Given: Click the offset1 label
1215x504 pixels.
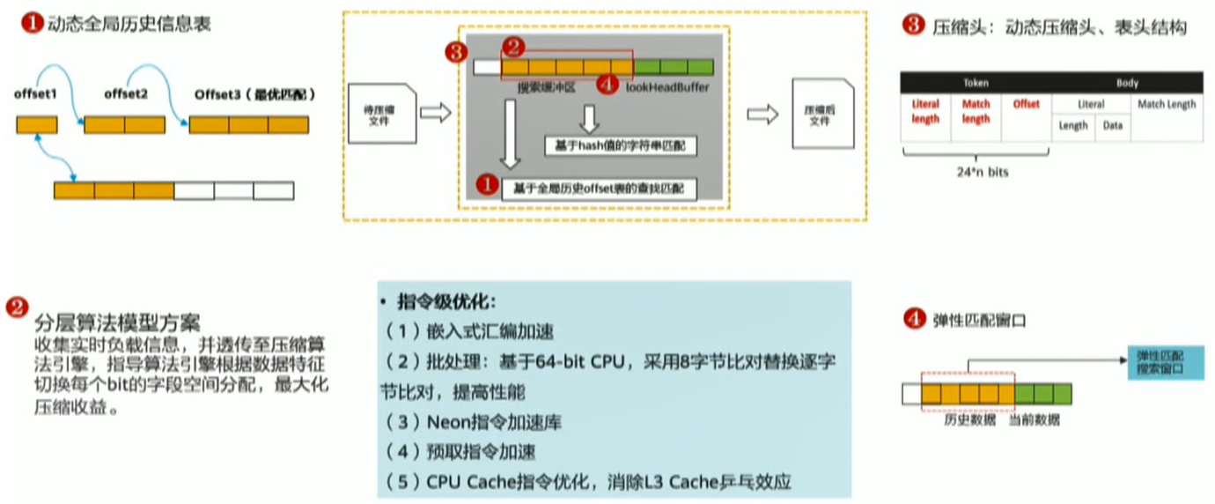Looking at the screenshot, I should coord(35,93).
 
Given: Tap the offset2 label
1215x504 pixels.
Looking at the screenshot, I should coord(125,93).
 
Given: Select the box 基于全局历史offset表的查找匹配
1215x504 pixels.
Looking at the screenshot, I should coord(599,187).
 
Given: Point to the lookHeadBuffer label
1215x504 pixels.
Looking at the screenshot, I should coord(667,87).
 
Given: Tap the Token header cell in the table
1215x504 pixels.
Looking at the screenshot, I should coord(976,83).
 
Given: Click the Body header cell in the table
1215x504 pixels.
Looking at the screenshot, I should coord(1127,83).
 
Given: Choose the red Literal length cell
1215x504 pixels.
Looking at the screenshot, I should coord(925,111).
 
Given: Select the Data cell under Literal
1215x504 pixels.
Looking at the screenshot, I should coord(1113,125).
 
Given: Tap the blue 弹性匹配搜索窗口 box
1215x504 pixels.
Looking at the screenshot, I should coord(1166,362).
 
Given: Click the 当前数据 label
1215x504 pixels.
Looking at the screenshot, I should coord(1034,420).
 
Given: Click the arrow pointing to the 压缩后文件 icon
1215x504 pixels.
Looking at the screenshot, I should coord(762,114).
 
